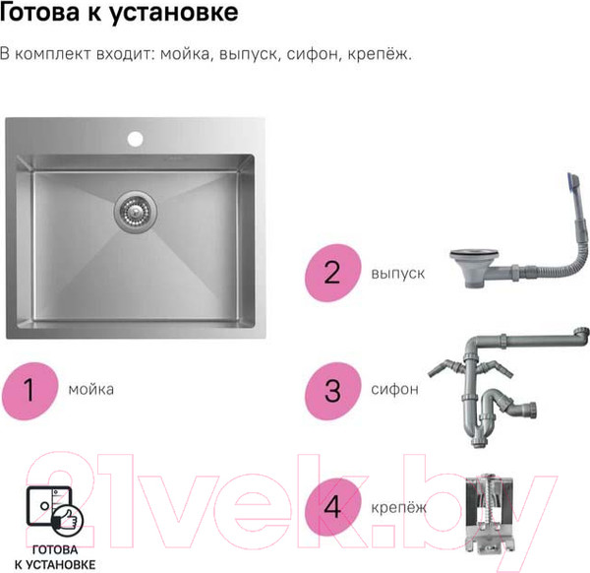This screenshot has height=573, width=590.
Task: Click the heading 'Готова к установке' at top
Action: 119,15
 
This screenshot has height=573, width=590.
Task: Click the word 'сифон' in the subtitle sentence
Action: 312,53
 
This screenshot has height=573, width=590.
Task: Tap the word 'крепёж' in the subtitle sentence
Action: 379,53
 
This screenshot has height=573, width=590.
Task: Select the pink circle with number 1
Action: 30,389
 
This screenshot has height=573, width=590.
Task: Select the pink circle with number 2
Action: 332,272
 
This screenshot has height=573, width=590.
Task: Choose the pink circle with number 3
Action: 332,389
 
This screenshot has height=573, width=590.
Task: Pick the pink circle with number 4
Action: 332,507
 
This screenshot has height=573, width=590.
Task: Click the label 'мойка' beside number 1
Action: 91,389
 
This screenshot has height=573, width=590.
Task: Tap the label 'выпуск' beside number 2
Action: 398,272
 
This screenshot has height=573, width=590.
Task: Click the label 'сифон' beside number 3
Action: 395,389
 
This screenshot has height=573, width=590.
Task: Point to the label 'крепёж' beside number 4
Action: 399,507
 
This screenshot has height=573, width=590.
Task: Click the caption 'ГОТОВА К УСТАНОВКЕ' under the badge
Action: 63,557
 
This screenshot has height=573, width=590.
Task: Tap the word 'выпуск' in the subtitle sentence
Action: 248,53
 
